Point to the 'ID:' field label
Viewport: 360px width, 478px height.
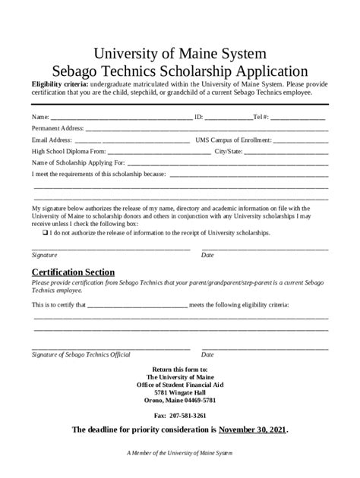pos(199,118)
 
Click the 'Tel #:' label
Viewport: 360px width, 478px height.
pos(261,118)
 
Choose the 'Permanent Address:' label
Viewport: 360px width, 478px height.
pos(58,129)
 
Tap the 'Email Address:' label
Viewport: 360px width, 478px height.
pos(52,140)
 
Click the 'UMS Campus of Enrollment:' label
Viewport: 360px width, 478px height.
pos(232,140)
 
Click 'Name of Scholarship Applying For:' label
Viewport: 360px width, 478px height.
pos(78,163)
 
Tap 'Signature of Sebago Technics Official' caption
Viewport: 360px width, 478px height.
pos(81,354)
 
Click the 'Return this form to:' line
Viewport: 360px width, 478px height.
pos(180,369)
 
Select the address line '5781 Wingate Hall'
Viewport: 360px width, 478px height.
pos(180,392)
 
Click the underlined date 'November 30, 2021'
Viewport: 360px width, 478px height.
pos(252,430)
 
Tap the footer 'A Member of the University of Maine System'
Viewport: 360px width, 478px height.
pos(180,453)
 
